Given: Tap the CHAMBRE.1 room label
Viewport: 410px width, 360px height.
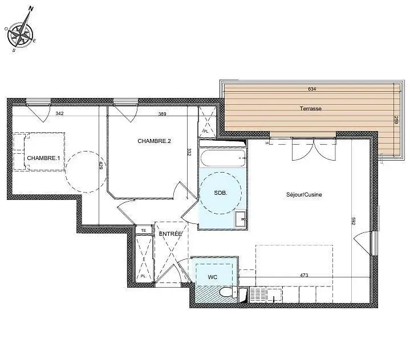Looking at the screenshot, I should click(43, 158).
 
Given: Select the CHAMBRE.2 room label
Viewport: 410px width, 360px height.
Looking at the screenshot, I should click(154, 141).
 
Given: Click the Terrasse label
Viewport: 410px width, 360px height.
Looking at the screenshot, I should click(311, 108).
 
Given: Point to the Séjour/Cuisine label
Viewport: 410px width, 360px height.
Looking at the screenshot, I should click(304, 195).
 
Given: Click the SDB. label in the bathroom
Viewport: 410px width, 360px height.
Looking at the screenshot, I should click(221, 193).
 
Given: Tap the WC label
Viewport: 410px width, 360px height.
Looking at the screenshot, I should click(213, 277).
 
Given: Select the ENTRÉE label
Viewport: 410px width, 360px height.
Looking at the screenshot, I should click(170, 234).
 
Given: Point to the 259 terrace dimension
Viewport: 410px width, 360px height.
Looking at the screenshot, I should click(395, 121).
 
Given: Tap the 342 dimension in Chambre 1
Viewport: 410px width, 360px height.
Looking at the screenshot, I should click(59, 114).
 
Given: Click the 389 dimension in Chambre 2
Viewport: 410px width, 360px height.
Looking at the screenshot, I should click(163, 114).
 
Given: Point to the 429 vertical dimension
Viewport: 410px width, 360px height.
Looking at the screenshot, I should click(101, 166).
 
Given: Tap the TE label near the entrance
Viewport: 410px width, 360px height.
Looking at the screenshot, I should click(144, 230).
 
